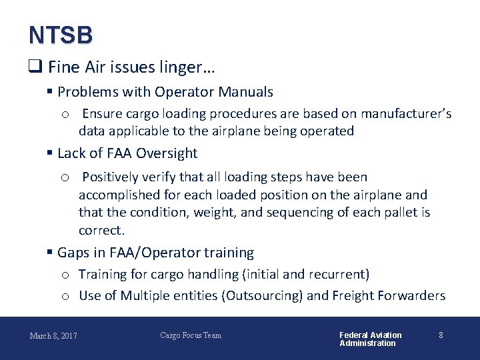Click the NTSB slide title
[61, 35]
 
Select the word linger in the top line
[189, 67]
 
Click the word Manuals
[247, 92]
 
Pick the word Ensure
[102, 113]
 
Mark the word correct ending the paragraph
[101, 231]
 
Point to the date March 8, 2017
[53, 335]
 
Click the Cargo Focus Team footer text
[191, 335]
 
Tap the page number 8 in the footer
[441, 335]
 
